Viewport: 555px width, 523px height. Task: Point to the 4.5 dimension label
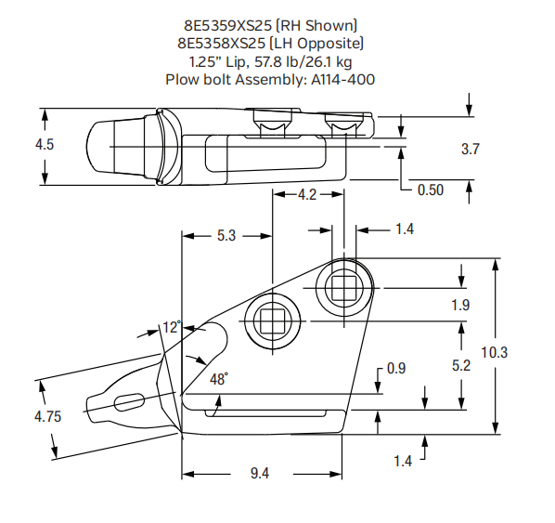43,145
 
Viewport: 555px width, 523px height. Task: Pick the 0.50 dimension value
430,190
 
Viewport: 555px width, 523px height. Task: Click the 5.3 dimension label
226,236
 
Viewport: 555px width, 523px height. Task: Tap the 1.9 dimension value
460,305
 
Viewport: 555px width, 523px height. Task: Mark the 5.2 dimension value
460,366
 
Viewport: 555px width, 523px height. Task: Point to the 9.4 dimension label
261,474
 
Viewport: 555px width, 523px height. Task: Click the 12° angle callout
171,327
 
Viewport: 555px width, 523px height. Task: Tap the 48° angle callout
219,379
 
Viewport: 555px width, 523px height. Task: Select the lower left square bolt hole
272,322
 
